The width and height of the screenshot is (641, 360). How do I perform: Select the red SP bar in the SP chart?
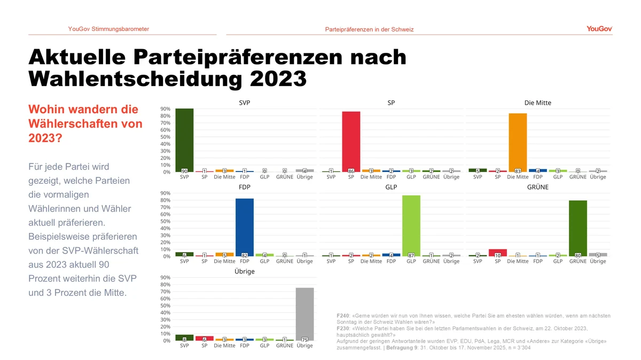click(351, 141)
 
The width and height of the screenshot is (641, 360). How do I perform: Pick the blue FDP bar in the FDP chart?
click(245, 227)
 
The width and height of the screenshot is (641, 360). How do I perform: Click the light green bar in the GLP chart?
click(411, 225)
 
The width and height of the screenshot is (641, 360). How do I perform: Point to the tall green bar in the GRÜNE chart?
click(578, 228)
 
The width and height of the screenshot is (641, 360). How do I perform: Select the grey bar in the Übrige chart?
click(304, 314)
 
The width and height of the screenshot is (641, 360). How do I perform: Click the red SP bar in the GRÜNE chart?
click(498, 253)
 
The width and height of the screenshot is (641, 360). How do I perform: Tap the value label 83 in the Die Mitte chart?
click(518, 171)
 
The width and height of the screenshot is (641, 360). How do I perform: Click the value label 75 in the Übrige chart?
click(304, 340)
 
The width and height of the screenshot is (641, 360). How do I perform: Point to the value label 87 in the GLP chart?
click(411, 255)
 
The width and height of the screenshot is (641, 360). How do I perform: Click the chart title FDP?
click(245, 187)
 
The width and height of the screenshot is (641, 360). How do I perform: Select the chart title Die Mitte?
click(537, 103)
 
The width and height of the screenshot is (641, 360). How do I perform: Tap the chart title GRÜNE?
click(537, 187)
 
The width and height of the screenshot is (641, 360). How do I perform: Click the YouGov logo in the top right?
click(599, 29)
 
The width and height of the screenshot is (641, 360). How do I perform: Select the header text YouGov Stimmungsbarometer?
click(108, 29)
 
